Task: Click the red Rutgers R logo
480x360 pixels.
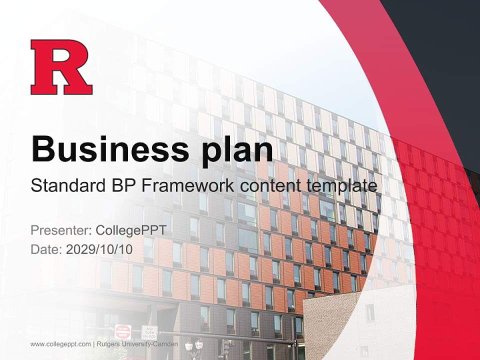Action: (x=61, y=67)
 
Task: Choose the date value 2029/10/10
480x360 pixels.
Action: (x=99, y=249)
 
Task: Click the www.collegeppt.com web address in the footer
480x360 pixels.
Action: (x=60, y=344)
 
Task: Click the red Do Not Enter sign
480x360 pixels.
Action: (x=122, y=331)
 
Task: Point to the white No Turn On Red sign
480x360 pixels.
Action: (x=149, y=332)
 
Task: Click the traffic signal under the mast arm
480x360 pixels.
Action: (x=226, y=348)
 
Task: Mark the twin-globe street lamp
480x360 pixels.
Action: (x=194, y=345)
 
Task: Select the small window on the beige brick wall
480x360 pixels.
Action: (x=370, y=312)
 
